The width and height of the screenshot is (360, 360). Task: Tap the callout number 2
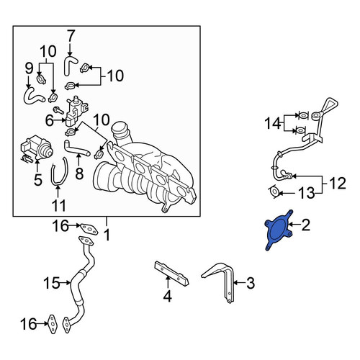coord(305,225)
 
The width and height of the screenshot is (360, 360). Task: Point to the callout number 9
coord(29,69)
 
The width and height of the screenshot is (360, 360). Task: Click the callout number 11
coord(59,205)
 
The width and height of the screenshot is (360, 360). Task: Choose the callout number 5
coord(37,179)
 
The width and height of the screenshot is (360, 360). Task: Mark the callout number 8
coord(79,173)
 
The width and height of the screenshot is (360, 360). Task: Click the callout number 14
coord(273,123)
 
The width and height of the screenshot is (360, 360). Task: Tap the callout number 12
coord(337,183)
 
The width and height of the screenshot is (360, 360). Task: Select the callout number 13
coord(307,193)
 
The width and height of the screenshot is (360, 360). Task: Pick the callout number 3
coord(250,283)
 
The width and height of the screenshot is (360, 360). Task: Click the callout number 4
coord(167,296)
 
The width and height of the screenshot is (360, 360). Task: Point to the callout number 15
coord(51,283)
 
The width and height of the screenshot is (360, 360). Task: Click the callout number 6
coord(50,121)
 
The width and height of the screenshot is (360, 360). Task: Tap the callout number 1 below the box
coord(107,235)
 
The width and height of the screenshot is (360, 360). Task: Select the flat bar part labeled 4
coord(171,274)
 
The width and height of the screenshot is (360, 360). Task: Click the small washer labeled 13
coord(274,192)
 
